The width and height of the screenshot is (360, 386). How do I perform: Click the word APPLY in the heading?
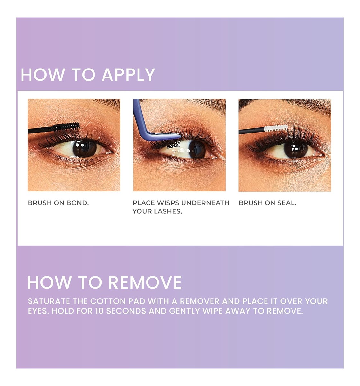129,75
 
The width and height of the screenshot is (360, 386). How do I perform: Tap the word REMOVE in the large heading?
145,282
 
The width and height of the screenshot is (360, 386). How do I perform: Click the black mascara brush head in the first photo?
66,126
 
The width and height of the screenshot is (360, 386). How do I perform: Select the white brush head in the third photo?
276,128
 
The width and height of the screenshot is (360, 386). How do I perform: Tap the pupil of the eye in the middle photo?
197,149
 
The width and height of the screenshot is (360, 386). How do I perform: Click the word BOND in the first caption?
77,203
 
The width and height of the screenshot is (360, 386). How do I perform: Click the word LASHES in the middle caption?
168,211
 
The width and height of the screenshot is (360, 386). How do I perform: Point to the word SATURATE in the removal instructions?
49,301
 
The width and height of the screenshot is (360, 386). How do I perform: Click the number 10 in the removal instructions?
99,311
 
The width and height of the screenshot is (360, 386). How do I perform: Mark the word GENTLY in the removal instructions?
184,311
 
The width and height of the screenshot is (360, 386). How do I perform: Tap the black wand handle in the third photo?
251,131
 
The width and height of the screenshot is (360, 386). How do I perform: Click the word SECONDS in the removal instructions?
126,311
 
